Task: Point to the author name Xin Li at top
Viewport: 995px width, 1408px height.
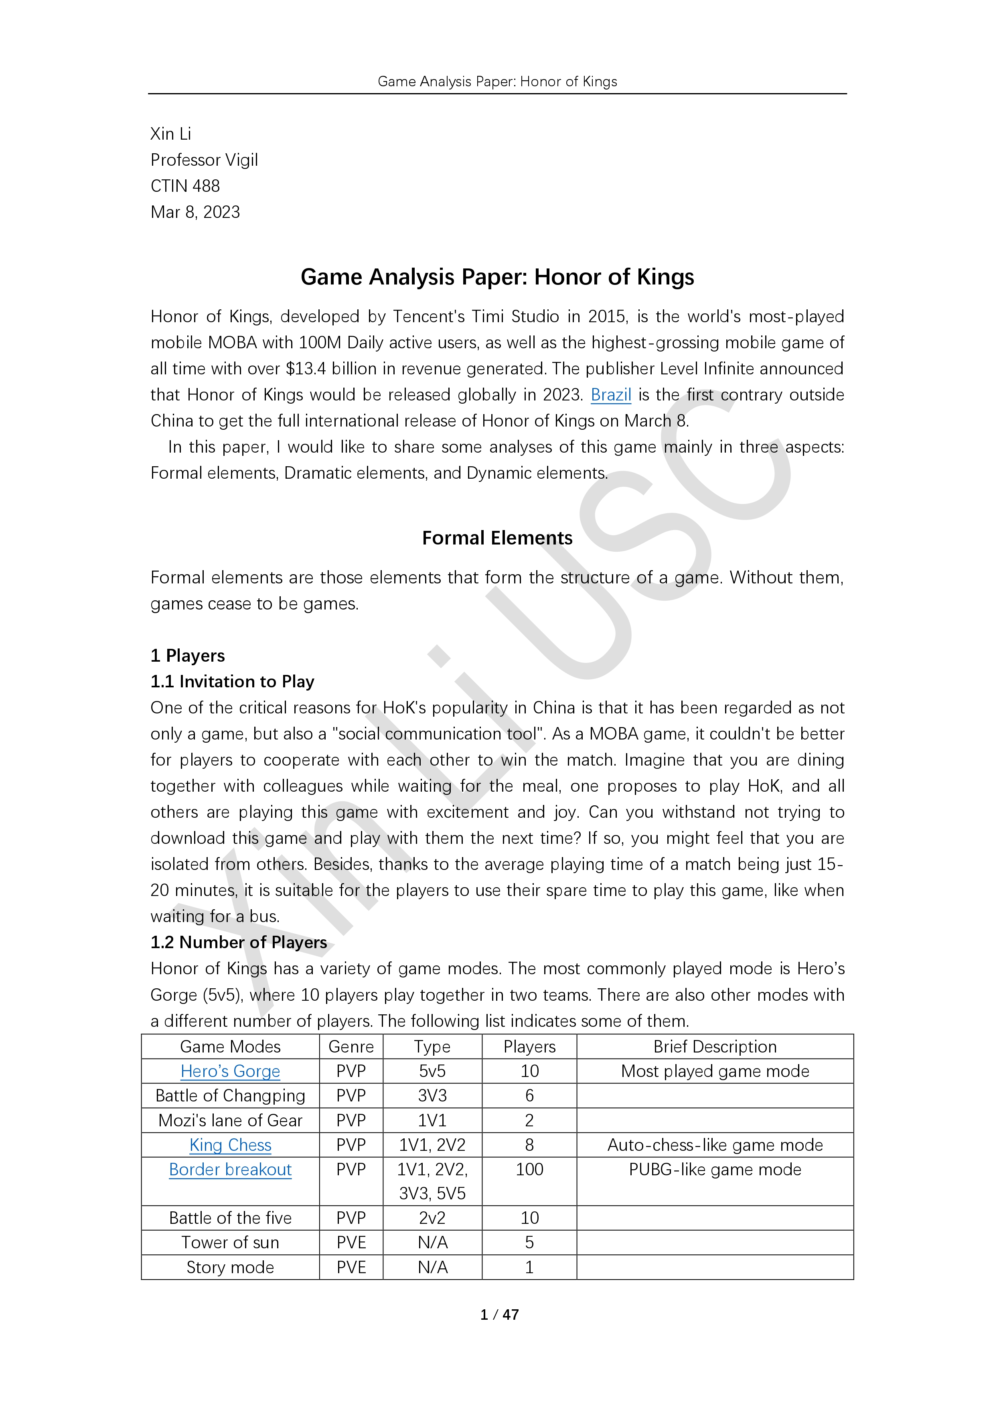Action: click(x=171, y=134)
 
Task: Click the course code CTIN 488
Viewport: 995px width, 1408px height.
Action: click(x=185, y=186)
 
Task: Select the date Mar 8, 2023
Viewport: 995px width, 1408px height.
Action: click(x=195, y=212)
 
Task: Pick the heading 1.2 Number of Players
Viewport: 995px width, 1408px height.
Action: click(x=239, y=942)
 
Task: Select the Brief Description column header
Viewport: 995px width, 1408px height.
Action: click(x=714, y=1047)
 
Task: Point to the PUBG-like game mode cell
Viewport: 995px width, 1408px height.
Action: click(x=714, y=1169)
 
